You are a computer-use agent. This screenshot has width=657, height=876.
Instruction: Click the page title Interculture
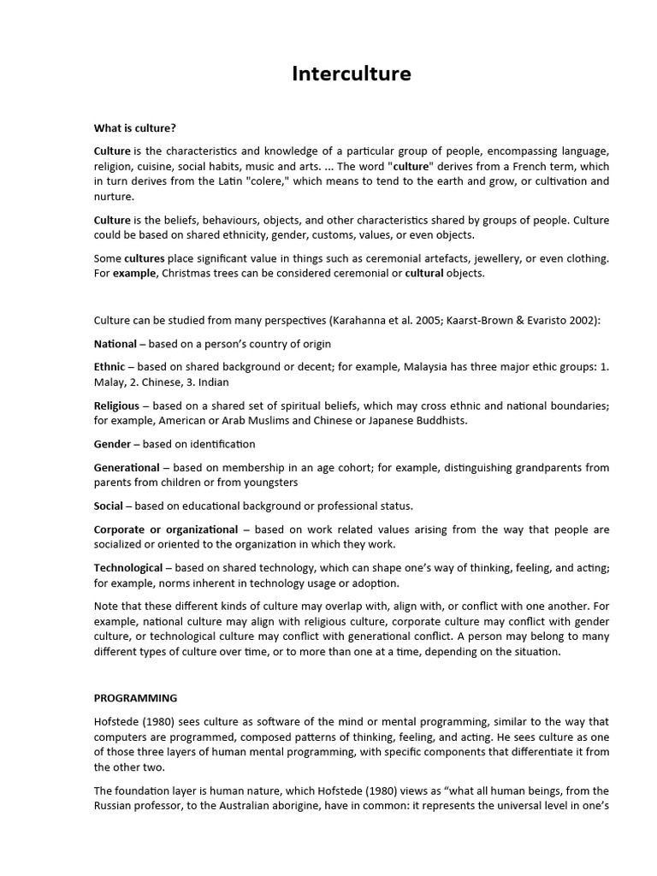pos(351,74)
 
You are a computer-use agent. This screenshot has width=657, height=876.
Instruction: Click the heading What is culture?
pos(134,128)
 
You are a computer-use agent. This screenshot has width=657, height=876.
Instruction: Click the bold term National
pos(115,344)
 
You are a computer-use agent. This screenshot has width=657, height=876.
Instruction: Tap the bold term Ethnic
pos(109,366)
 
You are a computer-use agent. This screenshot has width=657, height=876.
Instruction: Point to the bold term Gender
pos(112,444)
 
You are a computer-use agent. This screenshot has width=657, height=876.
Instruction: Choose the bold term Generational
pos(127,468)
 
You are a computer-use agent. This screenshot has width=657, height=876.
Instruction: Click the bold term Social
pos(109,506)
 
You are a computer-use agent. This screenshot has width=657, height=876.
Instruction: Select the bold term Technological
pos(128,567)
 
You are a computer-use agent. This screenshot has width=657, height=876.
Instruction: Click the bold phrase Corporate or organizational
pos(166,530)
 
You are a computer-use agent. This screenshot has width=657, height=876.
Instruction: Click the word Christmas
pos(186,274)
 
